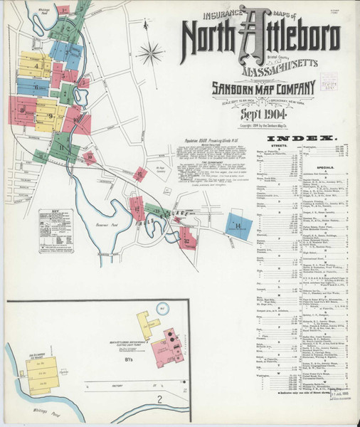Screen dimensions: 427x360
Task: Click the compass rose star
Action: [152, 53]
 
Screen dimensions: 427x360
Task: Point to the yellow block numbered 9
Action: [50, 116]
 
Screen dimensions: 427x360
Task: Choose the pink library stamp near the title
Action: [328, 82]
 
